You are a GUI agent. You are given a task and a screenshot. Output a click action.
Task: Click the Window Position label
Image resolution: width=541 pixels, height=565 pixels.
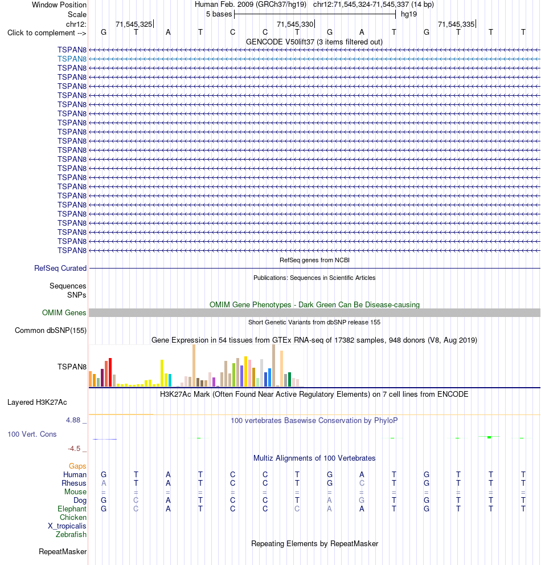[x=59, y=5]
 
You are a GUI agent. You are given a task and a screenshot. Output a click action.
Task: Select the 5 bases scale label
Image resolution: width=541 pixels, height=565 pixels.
[x=219, y=14]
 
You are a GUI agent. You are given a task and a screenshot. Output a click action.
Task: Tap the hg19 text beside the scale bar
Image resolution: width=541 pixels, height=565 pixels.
[x=409, y=14]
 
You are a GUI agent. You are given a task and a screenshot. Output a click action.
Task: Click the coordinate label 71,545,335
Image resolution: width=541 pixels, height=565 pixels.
[x=456, y=24]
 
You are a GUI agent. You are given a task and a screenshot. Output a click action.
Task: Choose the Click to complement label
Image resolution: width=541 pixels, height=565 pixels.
[x=47, y=33]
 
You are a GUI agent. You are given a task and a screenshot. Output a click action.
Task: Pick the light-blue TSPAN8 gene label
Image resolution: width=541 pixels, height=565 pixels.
[x=72, y=59]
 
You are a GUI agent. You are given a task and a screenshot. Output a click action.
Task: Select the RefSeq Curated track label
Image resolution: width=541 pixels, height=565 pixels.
[x=60, y=268]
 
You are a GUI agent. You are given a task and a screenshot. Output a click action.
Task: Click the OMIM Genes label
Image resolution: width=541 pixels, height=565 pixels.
[x=64, y=312]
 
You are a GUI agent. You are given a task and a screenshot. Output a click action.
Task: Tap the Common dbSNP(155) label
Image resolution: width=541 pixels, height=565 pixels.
[x=50, y=331]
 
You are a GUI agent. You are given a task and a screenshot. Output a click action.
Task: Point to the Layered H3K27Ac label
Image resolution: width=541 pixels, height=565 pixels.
[x=37, y=402]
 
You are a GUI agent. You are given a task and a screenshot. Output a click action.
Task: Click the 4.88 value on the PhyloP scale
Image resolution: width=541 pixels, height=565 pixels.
[x=73, y=420]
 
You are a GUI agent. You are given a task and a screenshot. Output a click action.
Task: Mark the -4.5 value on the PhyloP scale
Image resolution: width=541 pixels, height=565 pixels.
[x=74, y=448]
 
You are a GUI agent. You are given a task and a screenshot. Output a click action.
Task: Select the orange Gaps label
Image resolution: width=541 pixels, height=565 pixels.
[x=77, y=466]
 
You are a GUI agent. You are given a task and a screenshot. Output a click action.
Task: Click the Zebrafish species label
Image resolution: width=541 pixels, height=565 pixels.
[x=71, y=534]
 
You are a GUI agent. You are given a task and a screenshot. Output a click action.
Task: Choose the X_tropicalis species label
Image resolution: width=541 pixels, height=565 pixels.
[x=67, y=526]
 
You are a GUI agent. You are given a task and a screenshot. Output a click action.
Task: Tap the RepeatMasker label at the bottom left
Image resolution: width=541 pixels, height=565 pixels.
[x=63, y=552]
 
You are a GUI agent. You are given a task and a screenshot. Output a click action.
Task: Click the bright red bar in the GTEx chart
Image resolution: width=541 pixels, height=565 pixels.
[x=110, y=372]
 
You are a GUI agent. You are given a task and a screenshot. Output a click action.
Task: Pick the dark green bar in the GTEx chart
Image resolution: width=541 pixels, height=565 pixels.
[x=289, y=380]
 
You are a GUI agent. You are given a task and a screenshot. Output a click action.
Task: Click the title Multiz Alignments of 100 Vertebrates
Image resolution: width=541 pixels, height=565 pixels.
[x=314, y=458]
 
